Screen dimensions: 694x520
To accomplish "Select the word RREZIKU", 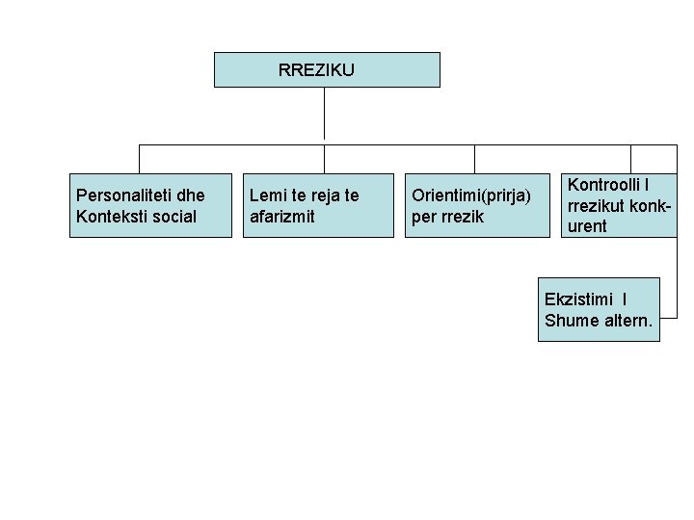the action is click(x=316, y=70).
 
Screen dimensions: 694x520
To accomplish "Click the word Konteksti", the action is click(x=110, y=216).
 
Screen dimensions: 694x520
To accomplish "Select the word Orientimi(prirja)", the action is click(x=471, y=195).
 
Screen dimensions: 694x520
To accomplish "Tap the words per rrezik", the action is click(x=448, y=216).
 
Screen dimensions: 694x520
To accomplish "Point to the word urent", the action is click(x=587, y=226).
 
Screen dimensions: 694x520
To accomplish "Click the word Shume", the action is click(x=570, y=321).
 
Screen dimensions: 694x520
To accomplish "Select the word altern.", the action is click(x=627, y=321).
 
